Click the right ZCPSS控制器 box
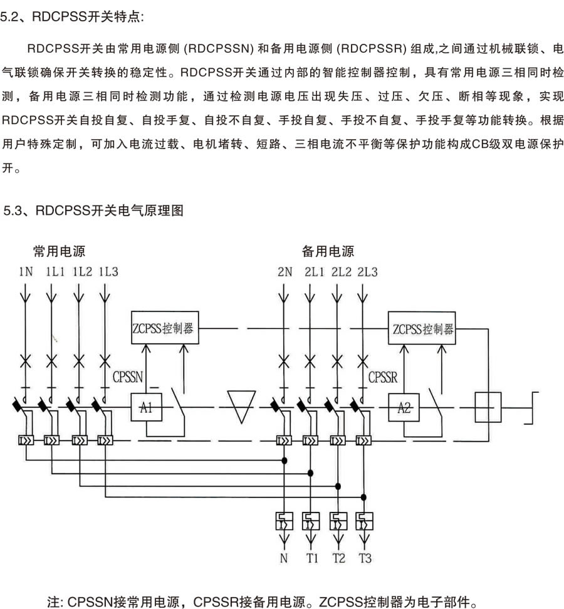click(x=423, y=328)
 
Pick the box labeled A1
click(x=146, y=409)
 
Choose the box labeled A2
click(x=404, y=409)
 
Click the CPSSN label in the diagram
click(x=128, y=377)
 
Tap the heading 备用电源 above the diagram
click(x=328, y=252)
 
